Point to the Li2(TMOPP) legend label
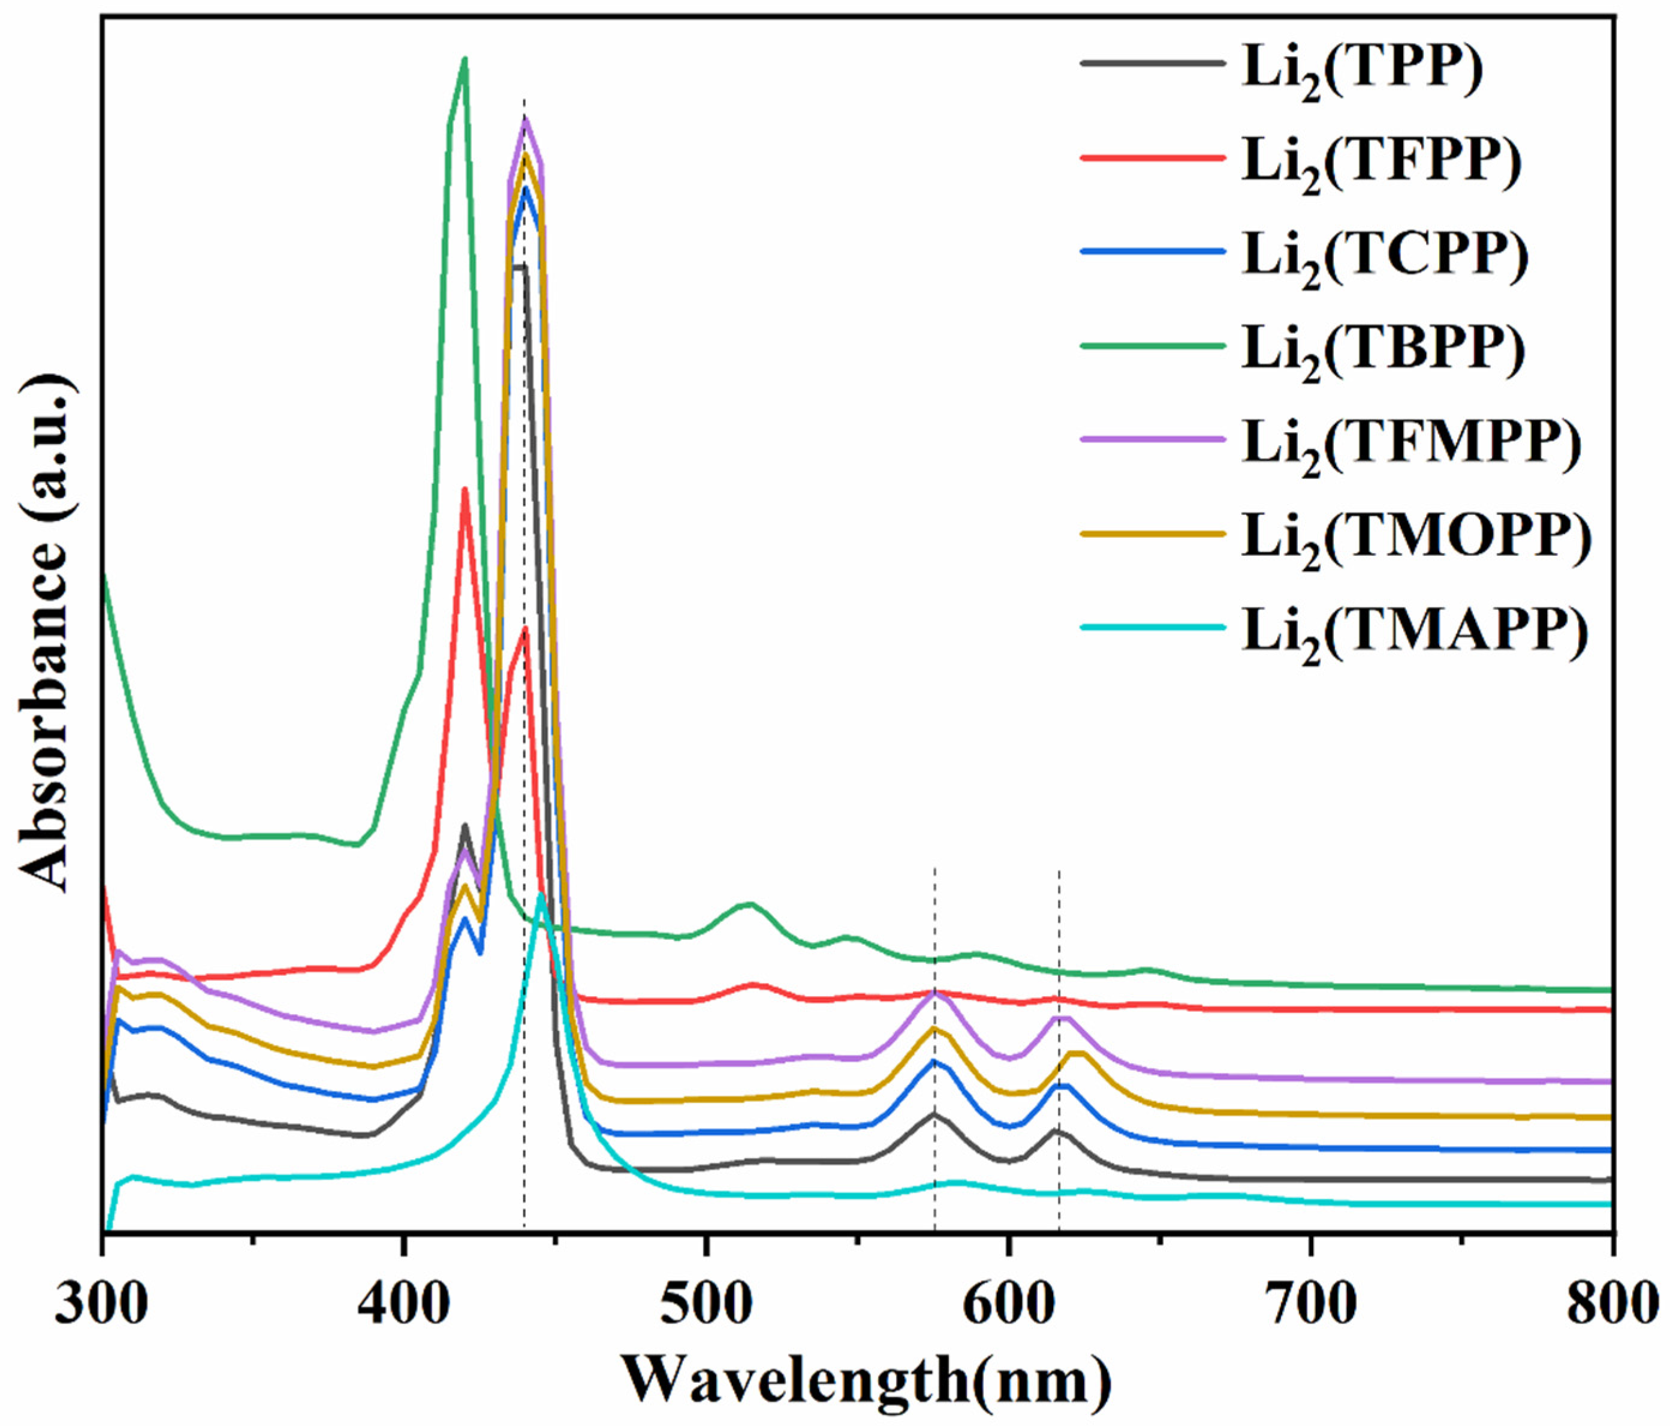tap(1416, 537)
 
